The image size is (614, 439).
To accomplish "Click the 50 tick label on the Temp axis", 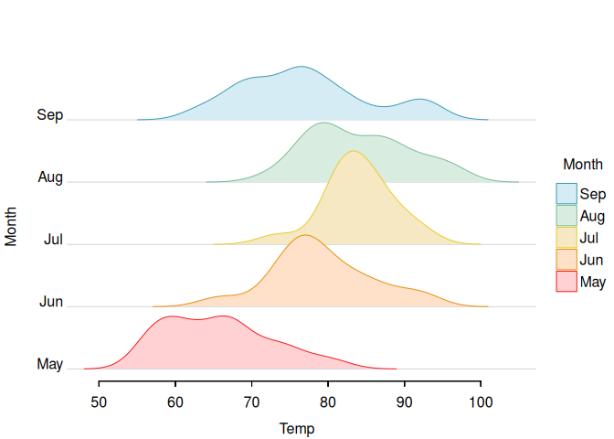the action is [99, 402].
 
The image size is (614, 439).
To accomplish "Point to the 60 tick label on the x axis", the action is [175, 402].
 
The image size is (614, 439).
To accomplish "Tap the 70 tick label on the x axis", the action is [251, 402].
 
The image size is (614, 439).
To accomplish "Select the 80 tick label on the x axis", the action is [328, 402].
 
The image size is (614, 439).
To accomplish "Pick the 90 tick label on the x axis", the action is [404, 402].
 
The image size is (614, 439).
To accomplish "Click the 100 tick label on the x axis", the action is [481, 402].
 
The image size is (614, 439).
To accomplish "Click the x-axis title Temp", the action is [297, 429].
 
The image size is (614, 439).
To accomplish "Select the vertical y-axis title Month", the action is [11, 227].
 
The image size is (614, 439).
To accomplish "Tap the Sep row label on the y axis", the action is [49, 115].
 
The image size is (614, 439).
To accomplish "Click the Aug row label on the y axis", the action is [50, 177].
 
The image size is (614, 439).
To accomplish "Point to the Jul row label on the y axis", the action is [53, 239].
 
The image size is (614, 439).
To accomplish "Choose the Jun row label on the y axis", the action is [51, 302].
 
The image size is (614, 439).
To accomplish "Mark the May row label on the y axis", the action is [49, 364].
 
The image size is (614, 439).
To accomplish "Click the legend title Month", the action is [583, 165].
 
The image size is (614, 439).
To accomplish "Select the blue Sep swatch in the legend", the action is [566, 194].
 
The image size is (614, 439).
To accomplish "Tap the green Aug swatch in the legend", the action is [566, 216].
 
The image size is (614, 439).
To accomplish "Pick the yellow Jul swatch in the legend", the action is [566, 238].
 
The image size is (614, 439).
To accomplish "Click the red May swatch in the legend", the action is [566, 282].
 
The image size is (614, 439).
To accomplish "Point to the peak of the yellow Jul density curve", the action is [354, 151].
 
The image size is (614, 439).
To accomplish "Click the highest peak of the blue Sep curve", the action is [301, 67].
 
